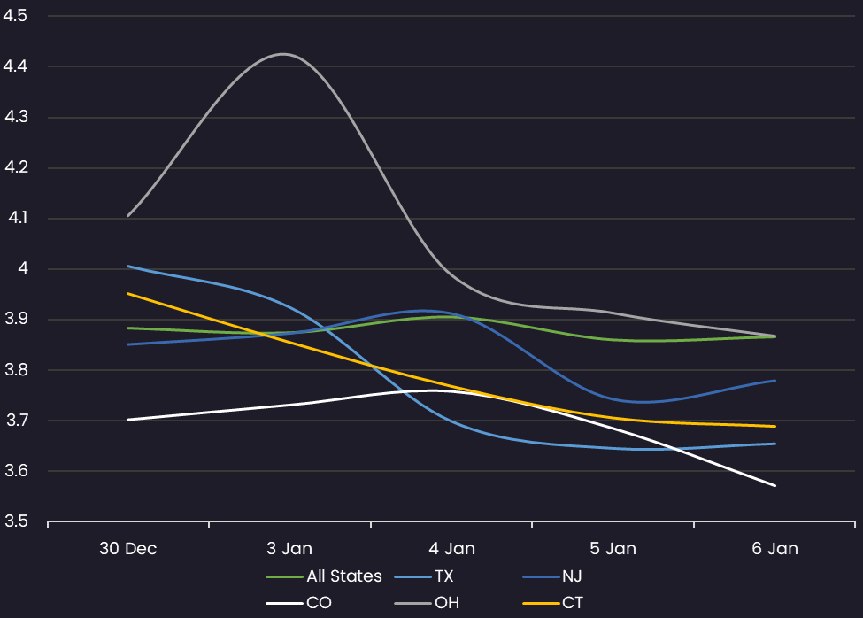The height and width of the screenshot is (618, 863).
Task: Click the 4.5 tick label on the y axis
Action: pos(15,15)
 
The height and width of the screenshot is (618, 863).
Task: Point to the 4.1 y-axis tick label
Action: pos(17,218)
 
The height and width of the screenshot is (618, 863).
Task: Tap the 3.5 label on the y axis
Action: pos(16,521)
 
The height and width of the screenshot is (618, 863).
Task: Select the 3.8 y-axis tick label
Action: pos(16,370)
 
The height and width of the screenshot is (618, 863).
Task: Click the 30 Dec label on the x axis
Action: pos(127,549)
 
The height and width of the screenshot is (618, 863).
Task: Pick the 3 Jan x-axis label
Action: pos(289,549)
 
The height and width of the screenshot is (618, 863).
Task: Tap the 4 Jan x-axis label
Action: pos(451,549)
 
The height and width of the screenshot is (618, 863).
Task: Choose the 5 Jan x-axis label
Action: pos(613,549)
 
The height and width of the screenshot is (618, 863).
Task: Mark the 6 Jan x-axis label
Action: pos(774,549)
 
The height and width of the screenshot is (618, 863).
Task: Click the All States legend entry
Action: pos(324,576)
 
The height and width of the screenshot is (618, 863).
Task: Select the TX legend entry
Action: pos(424,576)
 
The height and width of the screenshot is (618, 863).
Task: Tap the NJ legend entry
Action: pos(552,576)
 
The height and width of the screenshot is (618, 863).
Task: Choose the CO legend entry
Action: pos(299,603)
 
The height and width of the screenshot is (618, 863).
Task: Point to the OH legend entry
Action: pos(427,603)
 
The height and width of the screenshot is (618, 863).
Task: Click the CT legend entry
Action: pos(552,603)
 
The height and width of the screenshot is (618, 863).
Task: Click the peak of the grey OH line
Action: pos(282,54)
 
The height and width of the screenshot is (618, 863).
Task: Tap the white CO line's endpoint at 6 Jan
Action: pos(775,485)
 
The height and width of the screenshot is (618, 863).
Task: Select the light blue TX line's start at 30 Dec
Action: pos(128,267)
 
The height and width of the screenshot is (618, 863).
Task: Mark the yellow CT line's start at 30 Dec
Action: pos(128,294)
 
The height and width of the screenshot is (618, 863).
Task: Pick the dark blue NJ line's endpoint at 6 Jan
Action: pos(775,381)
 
